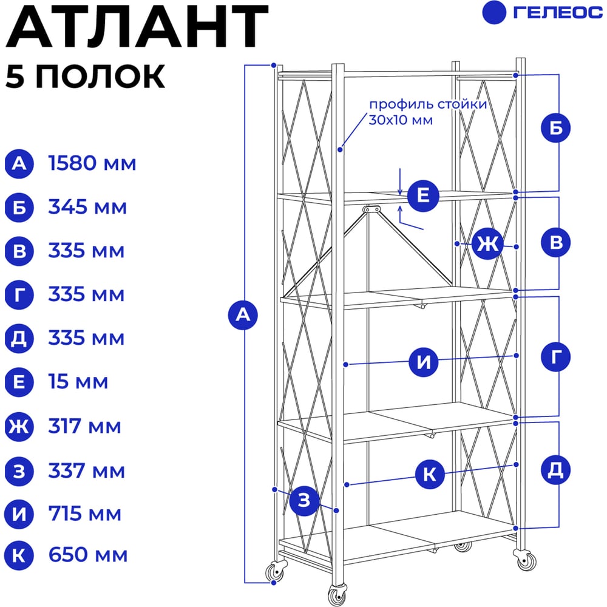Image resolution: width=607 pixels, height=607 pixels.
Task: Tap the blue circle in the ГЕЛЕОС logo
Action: click(x=494, y=12)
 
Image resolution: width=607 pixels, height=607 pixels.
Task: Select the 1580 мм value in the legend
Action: click(x=92, y=163)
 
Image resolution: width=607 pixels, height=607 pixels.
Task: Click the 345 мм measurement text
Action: click(x=87, y=207)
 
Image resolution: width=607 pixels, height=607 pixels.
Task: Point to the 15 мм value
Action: click(x=78, y=381)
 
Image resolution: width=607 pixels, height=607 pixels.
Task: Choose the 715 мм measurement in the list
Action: click(x=85, y=514)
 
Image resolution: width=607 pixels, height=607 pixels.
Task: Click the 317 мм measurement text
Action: click(x=85, y=426)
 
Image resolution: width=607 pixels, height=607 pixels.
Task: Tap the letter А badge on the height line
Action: click(x=243, y=314)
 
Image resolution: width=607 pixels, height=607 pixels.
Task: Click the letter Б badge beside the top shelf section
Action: click(x=555, y=127)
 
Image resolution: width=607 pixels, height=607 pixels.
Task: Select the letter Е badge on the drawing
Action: click(x=422, y=195)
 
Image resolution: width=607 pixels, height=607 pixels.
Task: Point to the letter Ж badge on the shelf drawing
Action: click(x=487, y=244)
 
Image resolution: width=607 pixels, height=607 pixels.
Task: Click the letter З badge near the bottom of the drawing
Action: click(x=304, y=500)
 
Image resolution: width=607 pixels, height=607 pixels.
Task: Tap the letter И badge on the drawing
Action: click(x=424, y=362)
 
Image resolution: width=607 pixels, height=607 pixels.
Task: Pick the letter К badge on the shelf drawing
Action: click(x=430, y=474)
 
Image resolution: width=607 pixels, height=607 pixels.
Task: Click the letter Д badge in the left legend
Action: click(x=19, y=338)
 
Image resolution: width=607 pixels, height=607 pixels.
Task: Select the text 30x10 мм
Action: click(x=400, y=120)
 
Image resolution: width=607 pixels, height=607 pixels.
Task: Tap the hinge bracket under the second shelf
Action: click(x=371, y=209)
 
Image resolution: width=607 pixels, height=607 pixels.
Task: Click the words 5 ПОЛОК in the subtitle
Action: click(x=85, y=76)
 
